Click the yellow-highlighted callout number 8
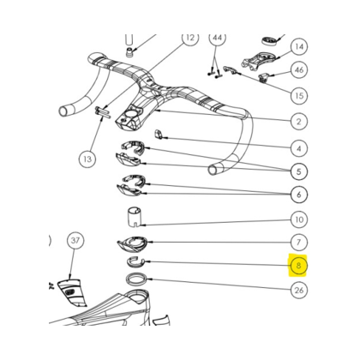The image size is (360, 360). click(298, 266)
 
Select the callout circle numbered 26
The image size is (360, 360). click(299, 291)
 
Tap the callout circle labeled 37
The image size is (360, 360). click(75, 240)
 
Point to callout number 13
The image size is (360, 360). click(87, 159)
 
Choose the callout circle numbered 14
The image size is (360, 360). click(299, 46)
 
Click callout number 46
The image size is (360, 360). click(299, 70)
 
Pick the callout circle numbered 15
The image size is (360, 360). click(299, 95)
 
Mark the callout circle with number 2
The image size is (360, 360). click(299, 122)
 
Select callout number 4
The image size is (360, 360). click(299, 148)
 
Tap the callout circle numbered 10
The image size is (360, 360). click(299, 219)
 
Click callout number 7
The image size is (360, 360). click(299, 243)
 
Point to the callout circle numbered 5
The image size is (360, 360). click(299, 171)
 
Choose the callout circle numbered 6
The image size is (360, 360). click(299, 195)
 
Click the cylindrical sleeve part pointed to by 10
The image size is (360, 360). click(135, 218)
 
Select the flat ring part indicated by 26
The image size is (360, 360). click(137, 278)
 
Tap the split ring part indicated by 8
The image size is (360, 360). click(135, 261)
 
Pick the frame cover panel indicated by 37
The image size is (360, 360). click(71, 292)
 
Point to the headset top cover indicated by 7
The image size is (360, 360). click(132, 243)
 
